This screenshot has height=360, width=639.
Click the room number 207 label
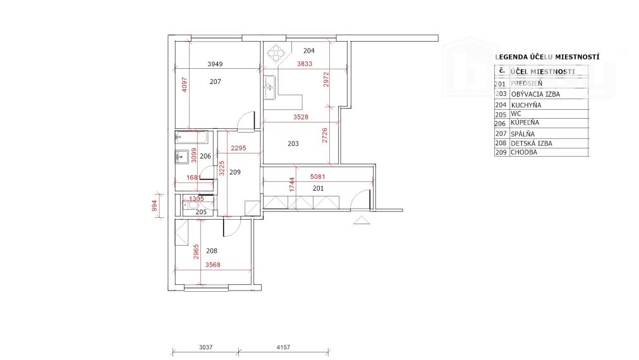click(216, 81)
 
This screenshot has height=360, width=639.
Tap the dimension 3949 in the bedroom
click(216, 64)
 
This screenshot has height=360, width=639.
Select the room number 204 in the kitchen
click(308, 51)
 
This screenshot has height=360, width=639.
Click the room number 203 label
click(293, 144)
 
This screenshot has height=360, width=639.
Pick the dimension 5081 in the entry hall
click(318, 177)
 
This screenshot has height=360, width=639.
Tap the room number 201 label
click(318, 188)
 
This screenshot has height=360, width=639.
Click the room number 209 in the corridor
click(234, 172)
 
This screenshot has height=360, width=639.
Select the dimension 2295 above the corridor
click(238, 148)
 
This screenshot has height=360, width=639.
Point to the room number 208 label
click(202, 251)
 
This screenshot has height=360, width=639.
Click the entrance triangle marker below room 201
click(362, 220)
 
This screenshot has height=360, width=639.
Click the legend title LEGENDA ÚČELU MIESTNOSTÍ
click(547, 57)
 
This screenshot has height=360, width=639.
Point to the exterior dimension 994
click(154, 206)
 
